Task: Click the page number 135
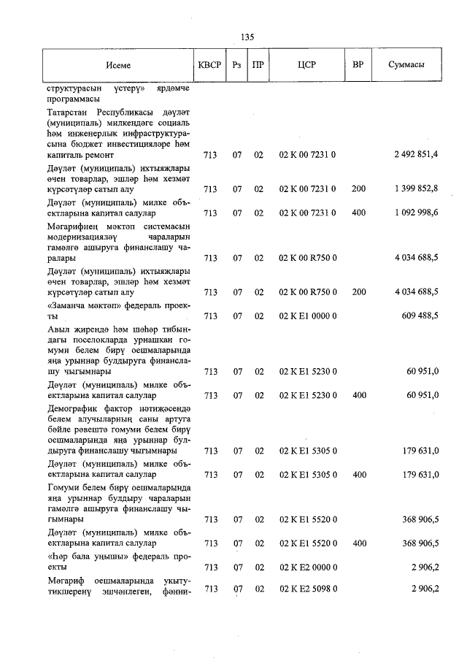(247, 37)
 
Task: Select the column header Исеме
(117, 65)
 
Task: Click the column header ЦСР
(306, 65)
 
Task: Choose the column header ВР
(358, 65)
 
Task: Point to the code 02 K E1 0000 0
(307, 316)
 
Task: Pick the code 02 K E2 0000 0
(307, 566)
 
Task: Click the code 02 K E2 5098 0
(307, 589)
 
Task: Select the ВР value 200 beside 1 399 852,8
(358, 189)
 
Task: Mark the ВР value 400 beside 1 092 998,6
(358, 213)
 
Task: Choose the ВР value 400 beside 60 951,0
(358, 395)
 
